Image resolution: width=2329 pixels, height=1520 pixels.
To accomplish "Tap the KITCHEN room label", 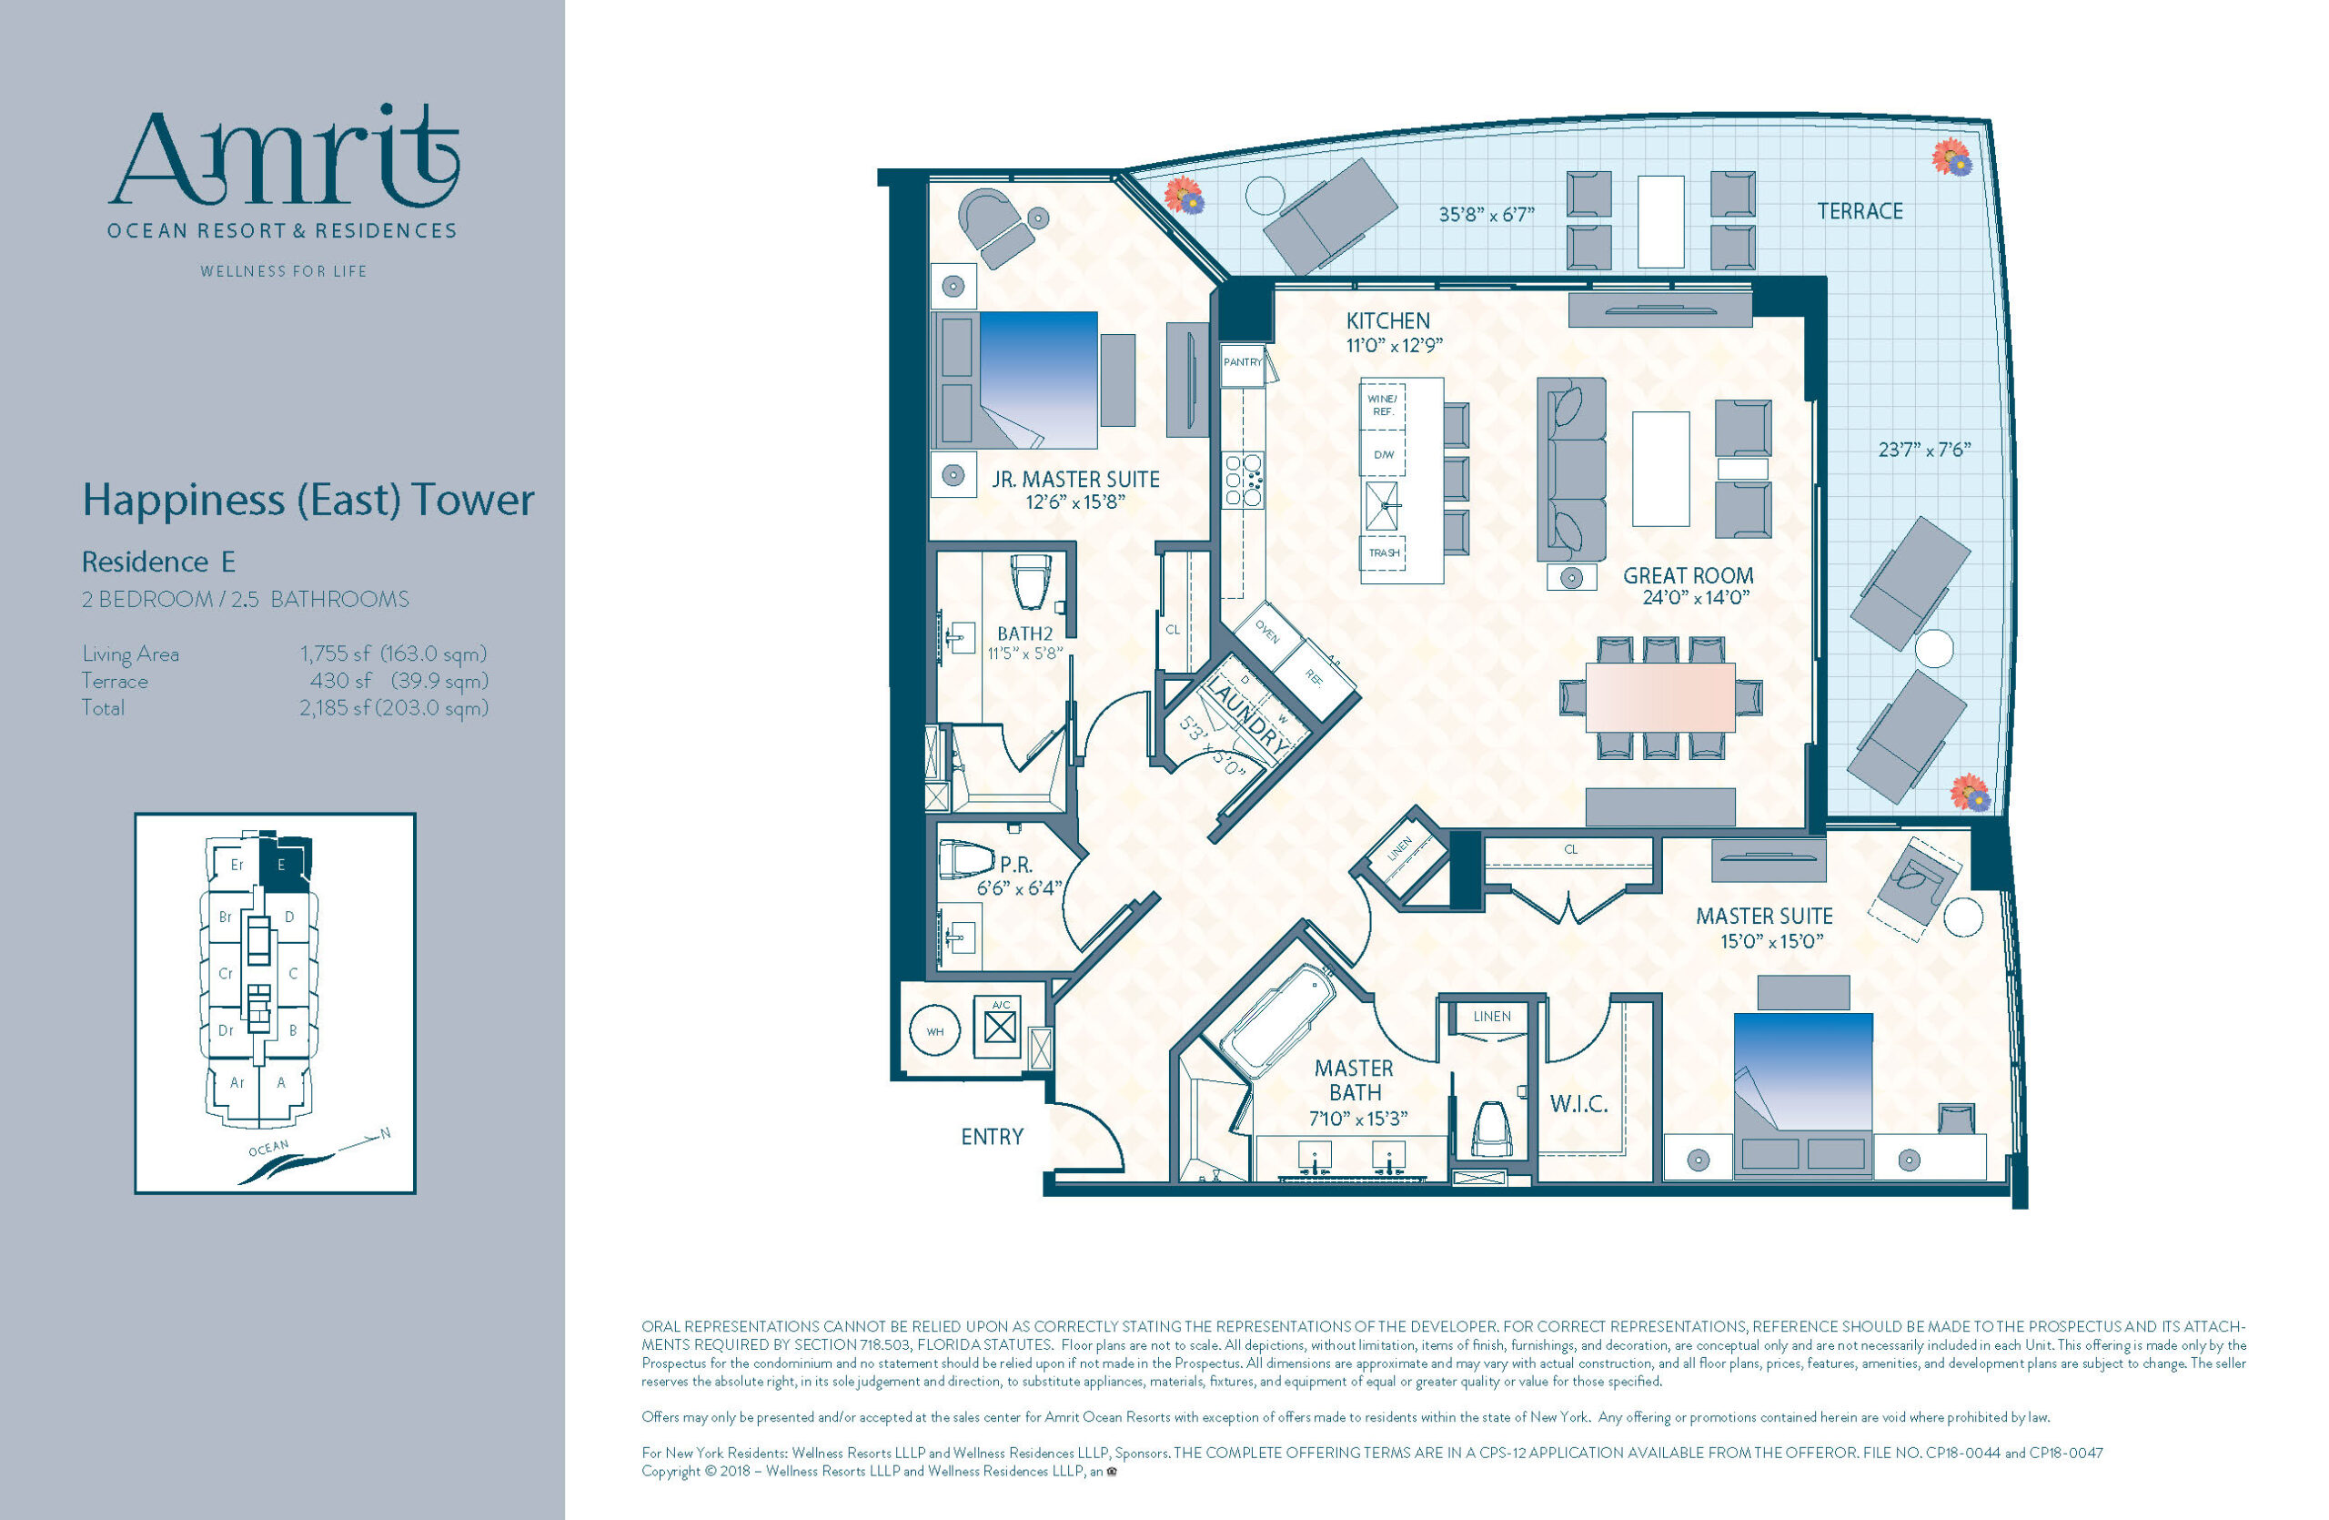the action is click(x=1387, y=320).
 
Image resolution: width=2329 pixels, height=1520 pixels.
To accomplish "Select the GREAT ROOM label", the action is click(x=1688, y=575).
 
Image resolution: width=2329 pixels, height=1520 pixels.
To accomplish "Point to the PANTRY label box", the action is click(x=1243, y=362).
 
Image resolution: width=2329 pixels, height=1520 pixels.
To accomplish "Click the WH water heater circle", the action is click(x=935, y=1031).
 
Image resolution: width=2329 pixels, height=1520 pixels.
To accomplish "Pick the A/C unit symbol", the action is click(x=998, y=1026).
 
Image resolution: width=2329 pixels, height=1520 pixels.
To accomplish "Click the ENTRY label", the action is click(x=993, y=1136).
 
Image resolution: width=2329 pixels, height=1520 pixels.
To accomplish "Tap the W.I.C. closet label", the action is click(x=1579, y=1104).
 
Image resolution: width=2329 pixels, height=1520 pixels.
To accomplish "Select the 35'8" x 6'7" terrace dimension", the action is click(x=1487, y=214).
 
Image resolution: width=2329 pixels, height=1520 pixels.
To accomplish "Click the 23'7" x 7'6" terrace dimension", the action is click(x=1924, y=450).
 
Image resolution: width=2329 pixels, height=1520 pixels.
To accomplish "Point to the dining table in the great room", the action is click(x=1660, y=697).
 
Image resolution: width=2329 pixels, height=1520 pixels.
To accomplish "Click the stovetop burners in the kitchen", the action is click(x=1244, y=480).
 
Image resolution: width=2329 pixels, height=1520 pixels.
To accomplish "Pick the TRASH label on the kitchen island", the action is click(x=1384, y=553).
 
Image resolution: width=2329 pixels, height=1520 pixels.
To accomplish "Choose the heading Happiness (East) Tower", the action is click(x=308, y=500).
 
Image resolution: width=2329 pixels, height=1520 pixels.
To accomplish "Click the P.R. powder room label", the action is click(x=1016, y=866).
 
